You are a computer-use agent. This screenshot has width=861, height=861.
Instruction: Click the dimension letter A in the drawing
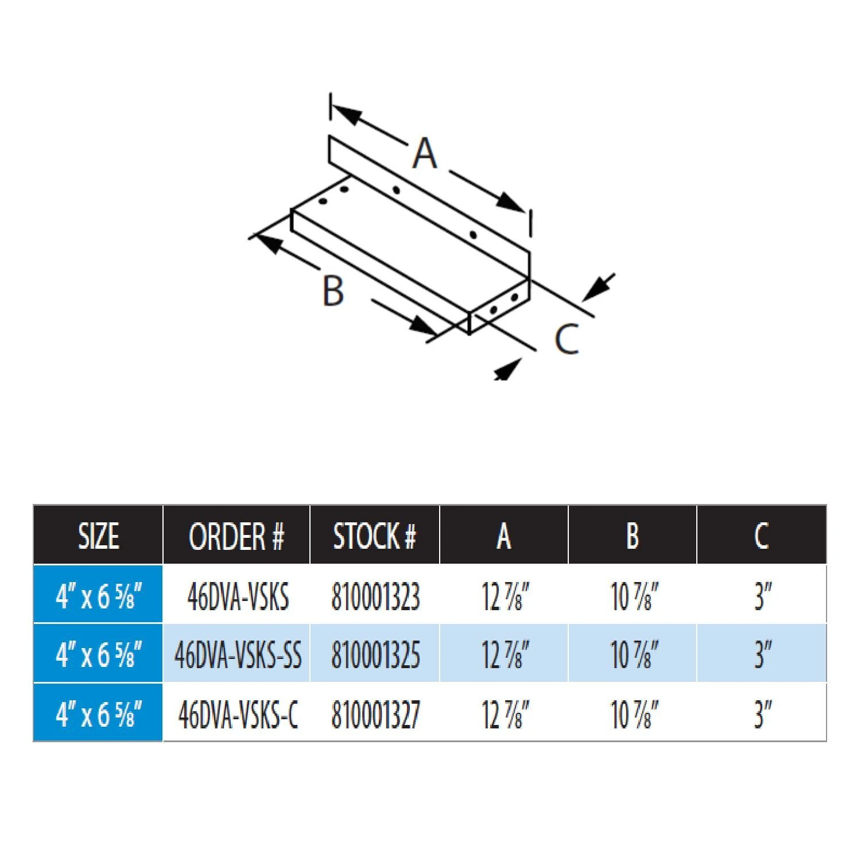pyautogui.click(x=425, y=153)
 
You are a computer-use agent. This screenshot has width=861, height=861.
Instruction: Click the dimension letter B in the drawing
pyautogui.click(x=333, y=291)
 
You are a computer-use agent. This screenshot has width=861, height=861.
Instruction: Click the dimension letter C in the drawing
pyautogui.click(x=567, y=339)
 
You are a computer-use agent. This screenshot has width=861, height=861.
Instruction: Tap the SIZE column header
pyautogui.click(x=98, y=536)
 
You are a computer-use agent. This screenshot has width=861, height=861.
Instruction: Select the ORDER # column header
pyautogui.click(x=236, y=536)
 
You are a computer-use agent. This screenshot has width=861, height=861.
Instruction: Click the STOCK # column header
pyautogui.click(x=374, y=536)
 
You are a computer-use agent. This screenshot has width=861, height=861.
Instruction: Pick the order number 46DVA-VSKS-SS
pyautogui.click(x=238, y=654)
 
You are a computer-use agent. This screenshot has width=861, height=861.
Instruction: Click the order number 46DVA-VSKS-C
pyautogui.click(x=238, y=714)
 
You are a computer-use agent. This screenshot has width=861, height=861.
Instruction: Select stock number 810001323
pyautogui.click(x=375, y=596)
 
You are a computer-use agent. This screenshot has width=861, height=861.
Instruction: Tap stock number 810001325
pyautogui.click(x=375, y=654)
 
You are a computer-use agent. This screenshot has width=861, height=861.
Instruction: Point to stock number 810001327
pyautogui.click(x=375, y=714)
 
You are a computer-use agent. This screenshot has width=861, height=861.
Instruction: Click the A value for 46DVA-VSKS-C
pyautogui.click(x=505, y=714)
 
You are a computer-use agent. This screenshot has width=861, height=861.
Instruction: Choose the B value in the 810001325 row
pyautogui.click(x=634, y=654)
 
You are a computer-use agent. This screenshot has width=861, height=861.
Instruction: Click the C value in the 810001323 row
pyautogui.click(x=762, y=596)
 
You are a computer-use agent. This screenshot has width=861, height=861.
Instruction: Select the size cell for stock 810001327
pyautogui.click(x=98, y=714)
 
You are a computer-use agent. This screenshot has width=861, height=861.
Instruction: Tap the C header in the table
pyautogui.click(x=761, y=536)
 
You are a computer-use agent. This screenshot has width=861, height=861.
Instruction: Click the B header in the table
pyautogui.click(x=632, y=536)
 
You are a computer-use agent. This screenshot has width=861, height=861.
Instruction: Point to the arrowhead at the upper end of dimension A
pyautogui.click(x=346, y=114)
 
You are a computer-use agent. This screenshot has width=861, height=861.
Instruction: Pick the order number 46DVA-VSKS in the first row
pyautogui.click(x=238, y=596)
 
